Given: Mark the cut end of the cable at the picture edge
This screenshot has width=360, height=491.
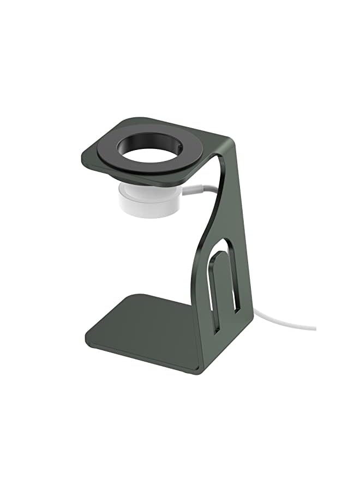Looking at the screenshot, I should pos(315,328).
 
